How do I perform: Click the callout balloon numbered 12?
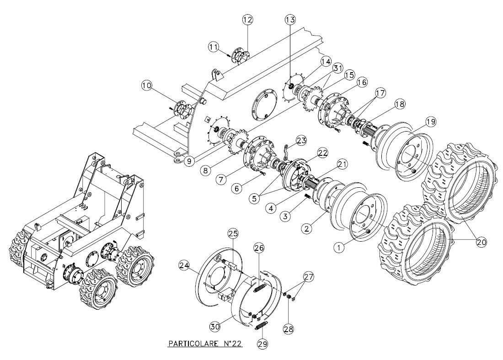click(x=247, y=20)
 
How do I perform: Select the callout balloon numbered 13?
click(x=290, y=20)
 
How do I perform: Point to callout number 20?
click(x=480, y=242)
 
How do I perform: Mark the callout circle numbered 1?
click(x=339, y=247)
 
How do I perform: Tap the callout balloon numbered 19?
click(x=430, y=122)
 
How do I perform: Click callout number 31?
click(x=337, y=68)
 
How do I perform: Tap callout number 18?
click(x=399, y=104)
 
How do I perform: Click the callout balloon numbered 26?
click(x=259, y=248)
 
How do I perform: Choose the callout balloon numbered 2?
click(x=308, y=226)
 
